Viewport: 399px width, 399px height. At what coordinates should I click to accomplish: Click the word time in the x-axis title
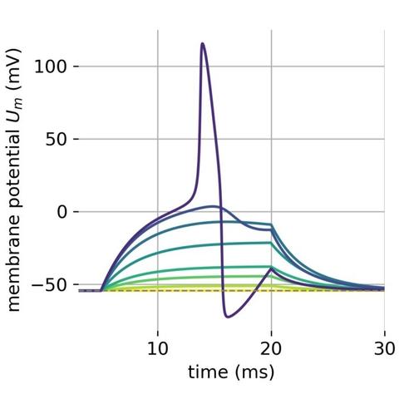(x=208, y=371)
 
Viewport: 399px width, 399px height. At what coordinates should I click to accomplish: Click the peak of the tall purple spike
(x=202, y=43)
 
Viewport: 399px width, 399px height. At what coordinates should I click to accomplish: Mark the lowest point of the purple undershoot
(x=228, y=317)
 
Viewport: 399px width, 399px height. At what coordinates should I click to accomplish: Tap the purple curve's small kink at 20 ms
(x=271, y=268)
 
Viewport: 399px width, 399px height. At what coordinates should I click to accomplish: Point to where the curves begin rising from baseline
(x=101, y=290)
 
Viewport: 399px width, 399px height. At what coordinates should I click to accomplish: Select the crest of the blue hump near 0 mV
(x=213, y=206)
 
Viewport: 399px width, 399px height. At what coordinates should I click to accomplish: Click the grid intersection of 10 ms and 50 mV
(x=158, y=139)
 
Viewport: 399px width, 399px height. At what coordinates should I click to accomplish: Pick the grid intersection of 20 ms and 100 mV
(x=271, y=66)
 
